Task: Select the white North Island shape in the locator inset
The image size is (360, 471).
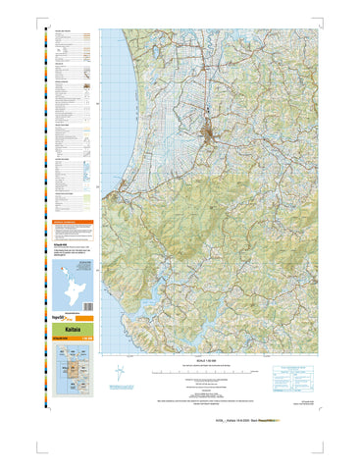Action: click(66, 285)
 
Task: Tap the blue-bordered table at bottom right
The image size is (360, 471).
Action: click(293, 379)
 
